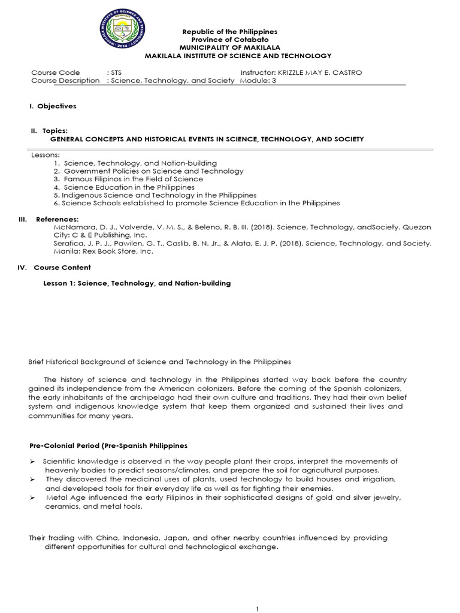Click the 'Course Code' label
pos(55,72)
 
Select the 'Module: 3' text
pos(258,81)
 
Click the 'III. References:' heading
pos(46,220)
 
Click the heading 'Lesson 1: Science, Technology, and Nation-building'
pos(137,283)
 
